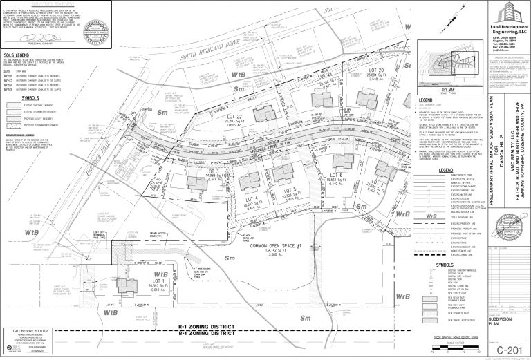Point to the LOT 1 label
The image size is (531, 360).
(x=158, y=281)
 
